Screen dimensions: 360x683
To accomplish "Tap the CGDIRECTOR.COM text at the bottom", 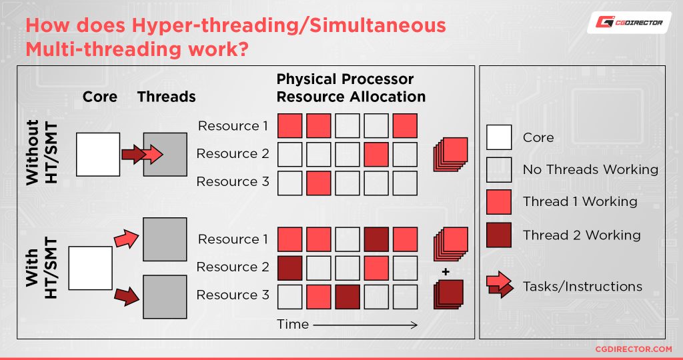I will (x=633, y=349).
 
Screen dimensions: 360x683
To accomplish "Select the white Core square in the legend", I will (x=499, y=137).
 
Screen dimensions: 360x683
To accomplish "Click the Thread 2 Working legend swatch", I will (x=499, y=235).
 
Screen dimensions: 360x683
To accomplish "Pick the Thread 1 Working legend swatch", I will (x=499, y=202).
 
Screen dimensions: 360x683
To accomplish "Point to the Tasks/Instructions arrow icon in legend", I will (x=500, y=286).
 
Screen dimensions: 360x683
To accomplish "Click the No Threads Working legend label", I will (x=590, y=170).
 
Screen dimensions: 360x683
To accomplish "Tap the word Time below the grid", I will (x=293, y=325).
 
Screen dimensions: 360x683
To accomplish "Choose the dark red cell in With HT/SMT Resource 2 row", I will (x=289, y=267).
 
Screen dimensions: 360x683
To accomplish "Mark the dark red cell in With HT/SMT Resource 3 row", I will (x=347, y=295).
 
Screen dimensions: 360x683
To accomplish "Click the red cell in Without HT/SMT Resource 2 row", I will (x=376, y=154).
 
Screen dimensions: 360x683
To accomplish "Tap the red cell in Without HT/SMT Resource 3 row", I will (x=318, y=182).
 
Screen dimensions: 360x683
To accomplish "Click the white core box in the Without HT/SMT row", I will (x=98, y=154).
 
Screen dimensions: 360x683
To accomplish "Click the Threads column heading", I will (x=166, y=97).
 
